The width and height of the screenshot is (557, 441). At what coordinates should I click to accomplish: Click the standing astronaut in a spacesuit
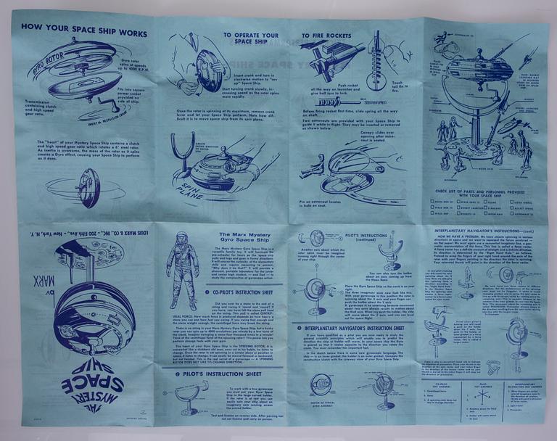tap(181, 265)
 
